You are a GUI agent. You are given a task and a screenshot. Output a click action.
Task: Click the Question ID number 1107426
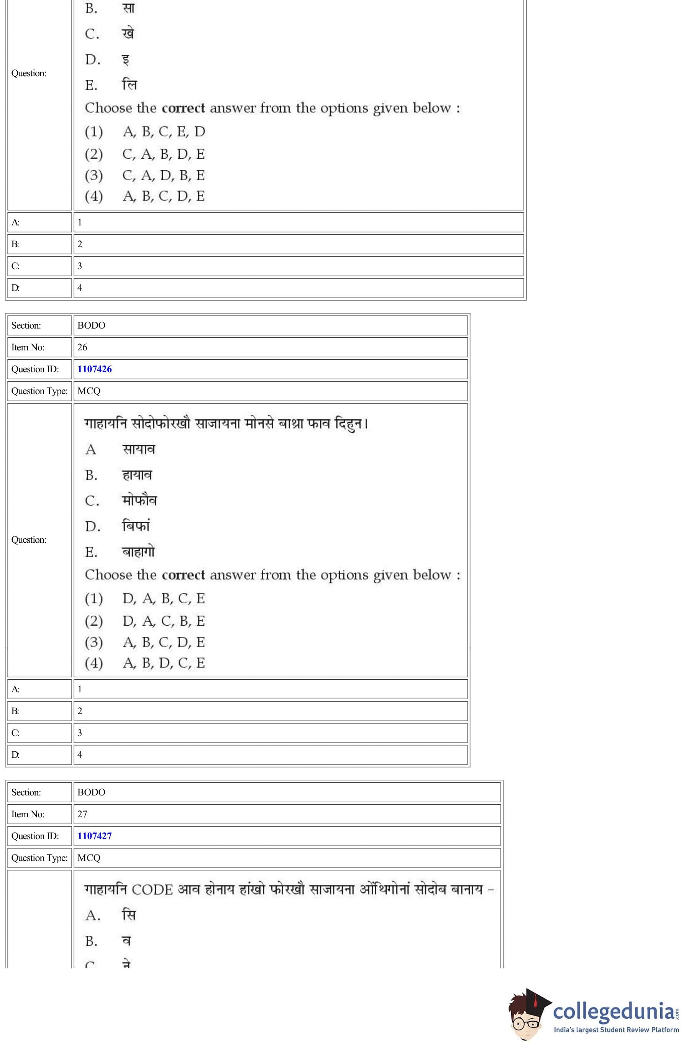pos(94,369)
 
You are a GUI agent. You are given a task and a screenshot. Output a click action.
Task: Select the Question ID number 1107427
pos(94,836)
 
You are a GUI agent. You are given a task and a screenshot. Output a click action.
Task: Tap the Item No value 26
pos(82,347)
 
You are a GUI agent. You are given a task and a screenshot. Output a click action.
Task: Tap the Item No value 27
pos(82,813)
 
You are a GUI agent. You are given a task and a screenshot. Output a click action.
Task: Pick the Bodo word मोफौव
pos(139,501)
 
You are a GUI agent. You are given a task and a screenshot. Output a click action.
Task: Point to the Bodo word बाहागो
pos(138,552)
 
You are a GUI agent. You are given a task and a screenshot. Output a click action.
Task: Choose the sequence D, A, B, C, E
pos(163,598)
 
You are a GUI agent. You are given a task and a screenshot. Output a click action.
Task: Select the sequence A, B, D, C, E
pos(163,662)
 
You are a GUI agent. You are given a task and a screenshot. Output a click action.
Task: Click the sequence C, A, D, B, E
pos(163,175)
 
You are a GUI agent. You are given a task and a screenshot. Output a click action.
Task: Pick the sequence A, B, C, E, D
pos(163,131)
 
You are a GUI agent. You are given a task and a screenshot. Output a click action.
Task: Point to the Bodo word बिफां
pos(136,526)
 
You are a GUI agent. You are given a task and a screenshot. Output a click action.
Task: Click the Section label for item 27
pos(26,792)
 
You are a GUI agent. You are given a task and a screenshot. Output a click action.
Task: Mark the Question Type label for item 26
pos(39,391)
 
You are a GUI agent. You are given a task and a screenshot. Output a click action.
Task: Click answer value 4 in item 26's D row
pos(79,754)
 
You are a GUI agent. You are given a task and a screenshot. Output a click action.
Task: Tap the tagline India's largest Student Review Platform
pos(616,1030)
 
